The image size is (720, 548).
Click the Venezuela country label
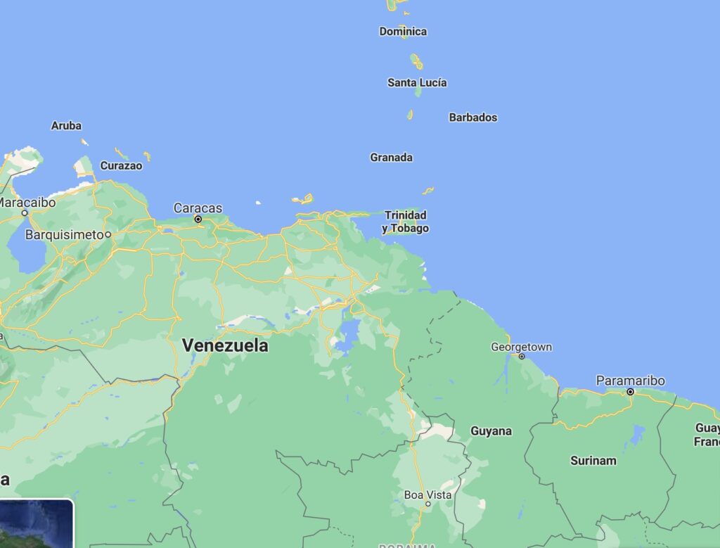click(225, 345)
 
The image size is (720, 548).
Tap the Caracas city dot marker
click(198, 219)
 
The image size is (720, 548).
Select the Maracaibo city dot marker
click(25, 212)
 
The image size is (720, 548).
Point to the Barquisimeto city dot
click(108, 234)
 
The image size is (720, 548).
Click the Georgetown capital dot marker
click(522, 356)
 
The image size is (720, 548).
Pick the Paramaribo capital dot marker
click(631, 392)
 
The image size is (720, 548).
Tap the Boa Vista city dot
click(427, 504)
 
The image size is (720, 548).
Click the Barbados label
click(473, 117)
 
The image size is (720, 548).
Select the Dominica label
click(403, 32)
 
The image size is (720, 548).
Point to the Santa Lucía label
click(417, 82)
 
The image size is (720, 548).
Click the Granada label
click(392, 158)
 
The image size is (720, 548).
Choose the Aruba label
click(66, 126)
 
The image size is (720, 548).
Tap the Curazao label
click(121, 166)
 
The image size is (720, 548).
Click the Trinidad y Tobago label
click(406, 222)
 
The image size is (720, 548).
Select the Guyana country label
click(491, 431)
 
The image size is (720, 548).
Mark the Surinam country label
click(593, 461)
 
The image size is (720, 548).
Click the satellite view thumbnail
click(35, 524)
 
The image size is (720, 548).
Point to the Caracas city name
click(198, 208)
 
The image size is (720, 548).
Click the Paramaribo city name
click(630, 381)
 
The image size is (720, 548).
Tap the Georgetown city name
click(521, 347)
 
